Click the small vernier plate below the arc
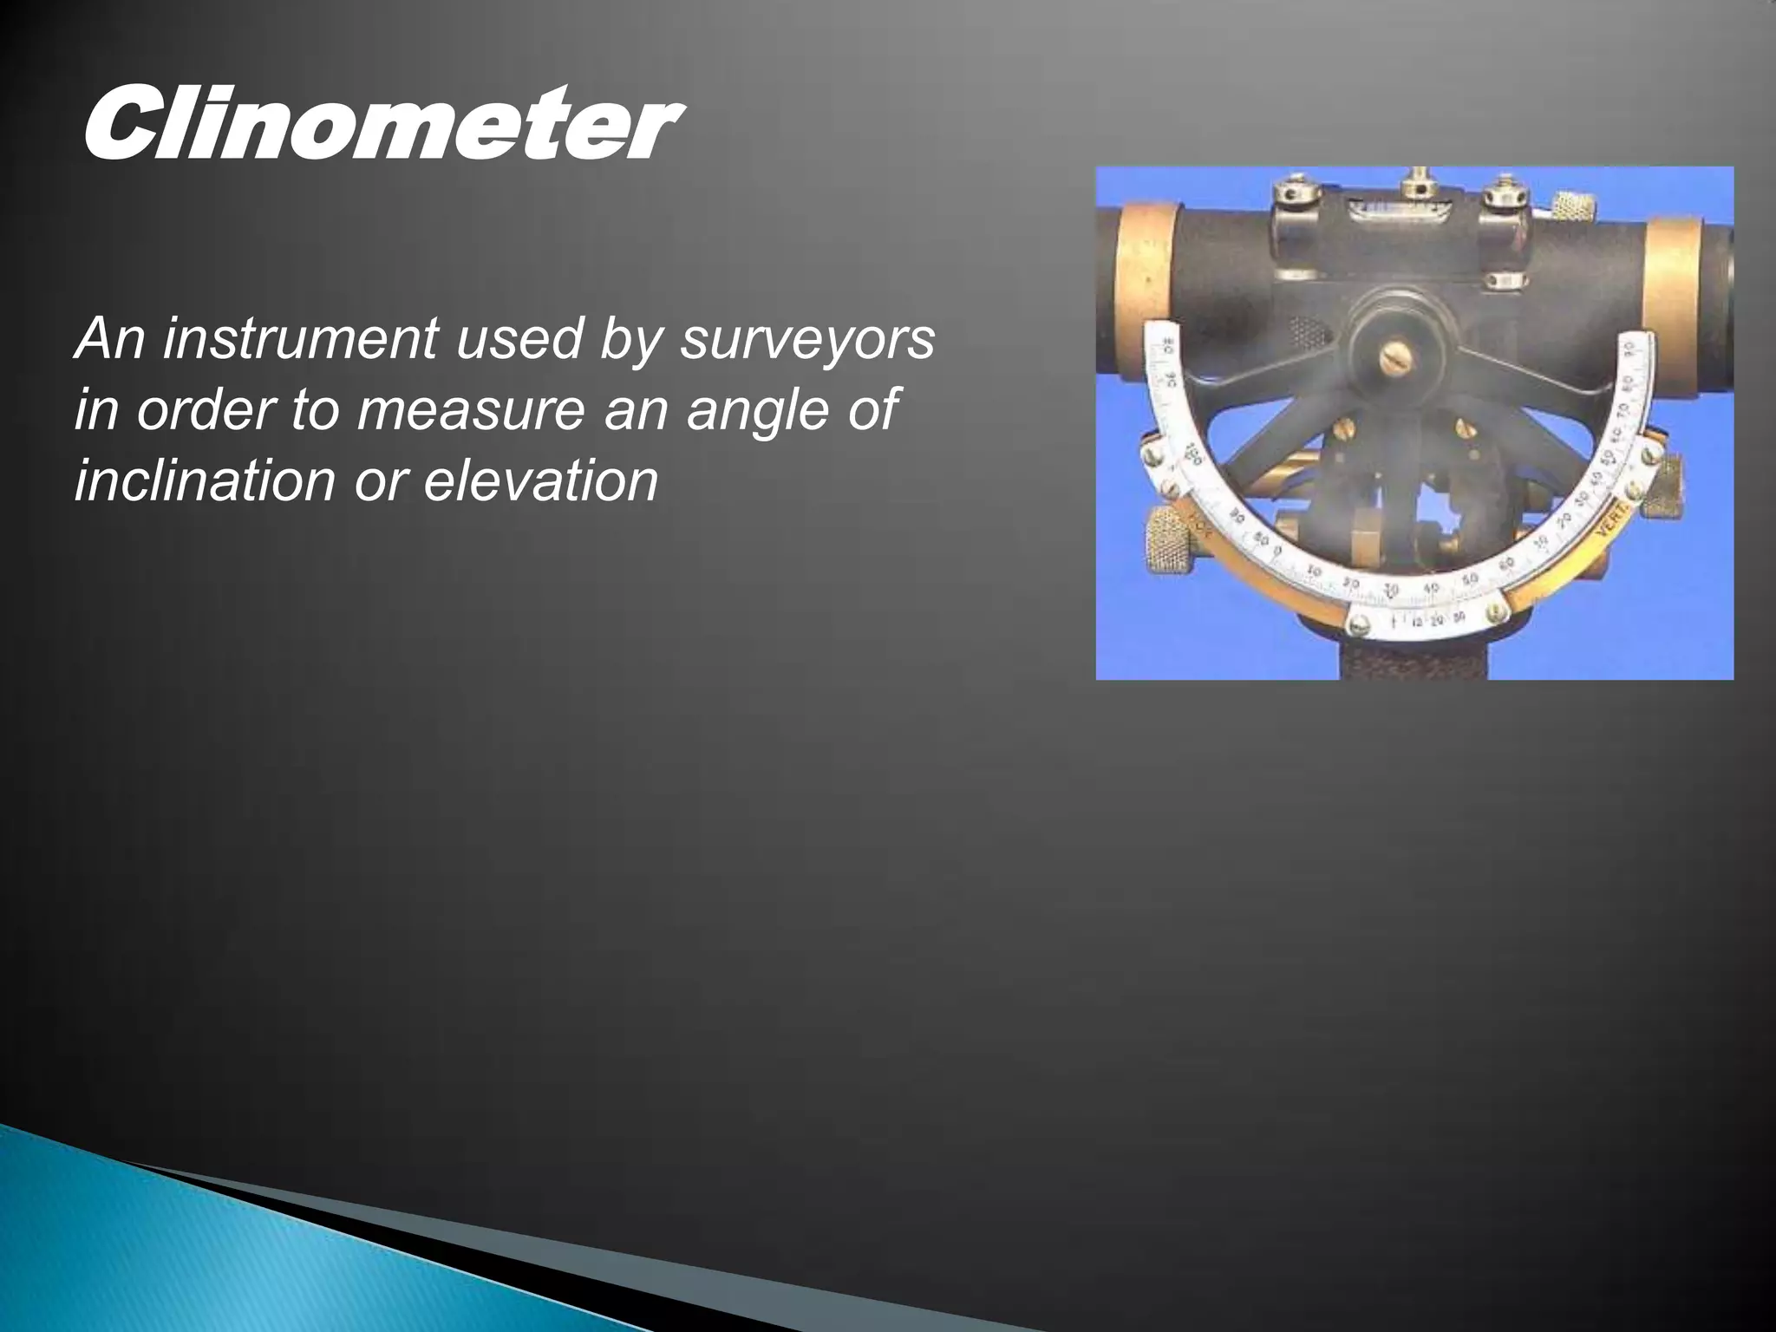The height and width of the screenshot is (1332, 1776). [x=1429, y=618]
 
